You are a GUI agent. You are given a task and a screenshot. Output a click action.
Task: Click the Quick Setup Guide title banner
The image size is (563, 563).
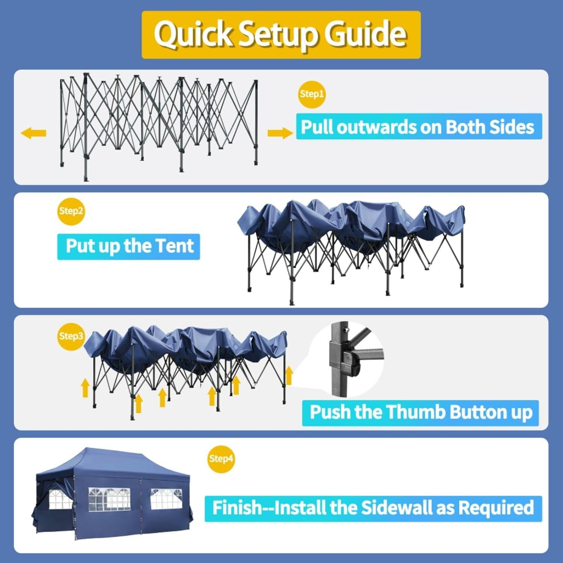click(281, 35)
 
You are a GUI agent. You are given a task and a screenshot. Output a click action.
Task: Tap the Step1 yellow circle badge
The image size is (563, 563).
click(312, 94)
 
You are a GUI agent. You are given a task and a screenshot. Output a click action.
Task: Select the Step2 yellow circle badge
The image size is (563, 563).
click(71, 211)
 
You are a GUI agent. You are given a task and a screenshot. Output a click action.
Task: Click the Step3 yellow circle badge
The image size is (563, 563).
click(71, 336)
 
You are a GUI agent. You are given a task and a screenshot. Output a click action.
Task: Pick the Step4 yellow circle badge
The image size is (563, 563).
click(221, 459)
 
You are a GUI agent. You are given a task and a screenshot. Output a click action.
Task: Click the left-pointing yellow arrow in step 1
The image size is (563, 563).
click(33, 133)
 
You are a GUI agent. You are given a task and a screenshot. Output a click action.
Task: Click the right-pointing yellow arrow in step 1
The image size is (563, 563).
click(280, 133)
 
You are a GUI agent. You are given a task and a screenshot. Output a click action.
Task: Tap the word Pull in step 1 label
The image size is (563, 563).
click(317, 127)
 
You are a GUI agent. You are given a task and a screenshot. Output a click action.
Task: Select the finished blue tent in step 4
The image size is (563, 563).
click(113, 495)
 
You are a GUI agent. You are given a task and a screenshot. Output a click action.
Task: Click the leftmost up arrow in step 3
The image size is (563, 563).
click(85, 387)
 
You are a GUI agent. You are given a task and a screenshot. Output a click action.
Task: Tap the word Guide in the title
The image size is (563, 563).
click(365, 35)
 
